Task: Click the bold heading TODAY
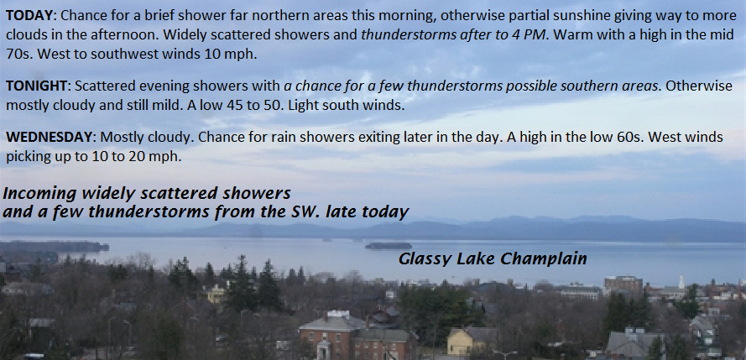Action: [29, 16]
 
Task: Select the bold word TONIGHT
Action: [37, 86]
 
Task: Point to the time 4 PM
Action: [528, 35]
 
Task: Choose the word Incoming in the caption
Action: [39, 194]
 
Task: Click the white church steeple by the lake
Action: [681, 281]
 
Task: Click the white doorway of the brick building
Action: [323, 351]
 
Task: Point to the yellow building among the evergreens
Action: [216, 294]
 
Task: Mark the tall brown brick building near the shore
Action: [623, 284]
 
